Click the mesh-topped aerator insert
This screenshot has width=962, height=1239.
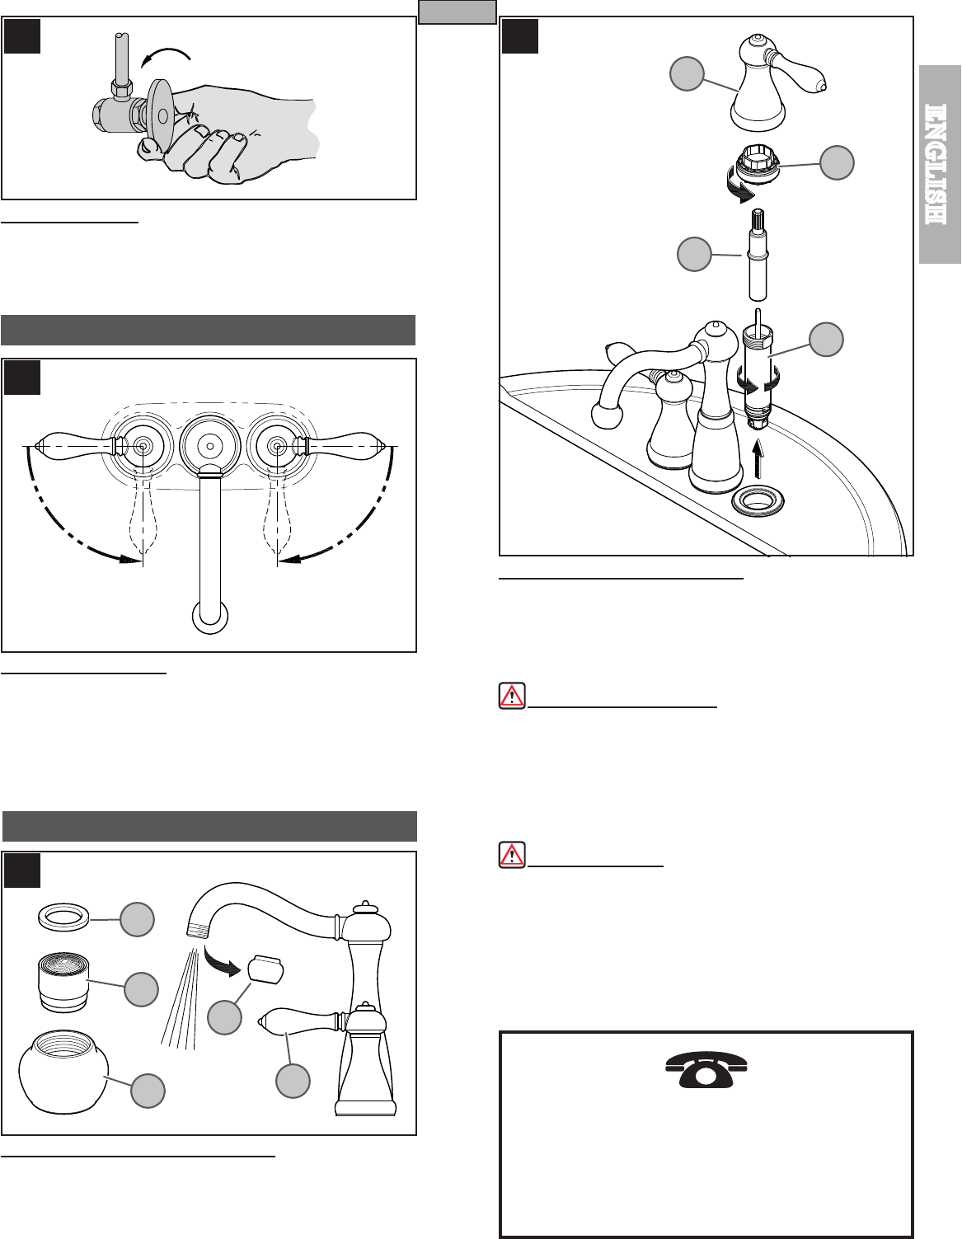pyautogui.click(x=64, y=982)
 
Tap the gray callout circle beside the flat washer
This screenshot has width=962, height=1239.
pyautogui.click(x=137, y=919)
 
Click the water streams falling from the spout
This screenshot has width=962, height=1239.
pyautogui.click(x=180, y=997)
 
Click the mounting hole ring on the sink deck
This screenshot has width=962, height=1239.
pyautogui.click(x=758, y=501)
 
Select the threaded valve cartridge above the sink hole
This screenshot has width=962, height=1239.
pyautogui.click(x=758, y=377)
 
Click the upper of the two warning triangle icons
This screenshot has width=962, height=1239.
pyautogui.click(x=512, y=696)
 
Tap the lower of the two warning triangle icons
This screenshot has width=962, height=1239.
pyautogui.click(x=512, y=855)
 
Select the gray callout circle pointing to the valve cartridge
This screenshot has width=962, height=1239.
pyautogui.click(x=826, y=340)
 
